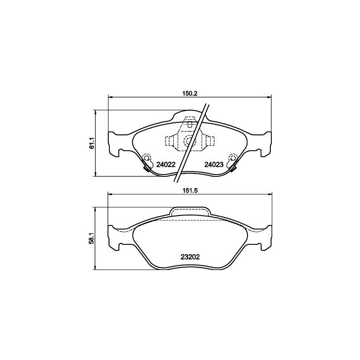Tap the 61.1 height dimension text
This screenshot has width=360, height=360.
pos(91,143)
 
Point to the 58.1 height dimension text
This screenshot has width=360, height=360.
pos(91,238)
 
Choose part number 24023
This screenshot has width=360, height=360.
pos(214,165)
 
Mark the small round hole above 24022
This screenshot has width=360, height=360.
pos(145,157)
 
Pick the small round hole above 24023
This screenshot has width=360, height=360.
pos(233,157)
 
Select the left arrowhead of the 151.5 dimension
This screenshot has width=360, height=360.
pos(108,194)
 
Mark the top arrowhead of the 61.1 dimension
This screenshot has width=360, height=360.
pos(95,112)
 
